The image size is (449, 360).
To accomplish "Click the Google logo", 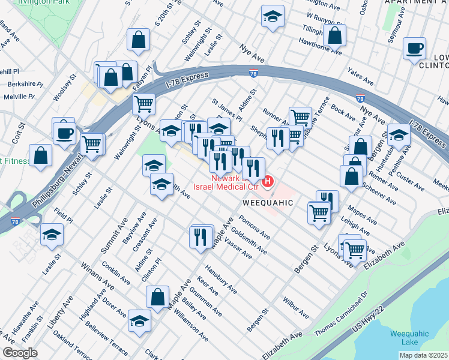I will (20, 353).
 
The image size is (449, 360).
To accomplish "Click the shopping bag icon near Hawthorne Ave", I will (334, 35).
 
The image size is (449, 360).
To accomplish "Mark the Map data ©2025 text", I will (424, 355).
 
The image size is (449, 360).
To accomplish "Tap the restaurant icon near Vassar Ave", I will (202, 236).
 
